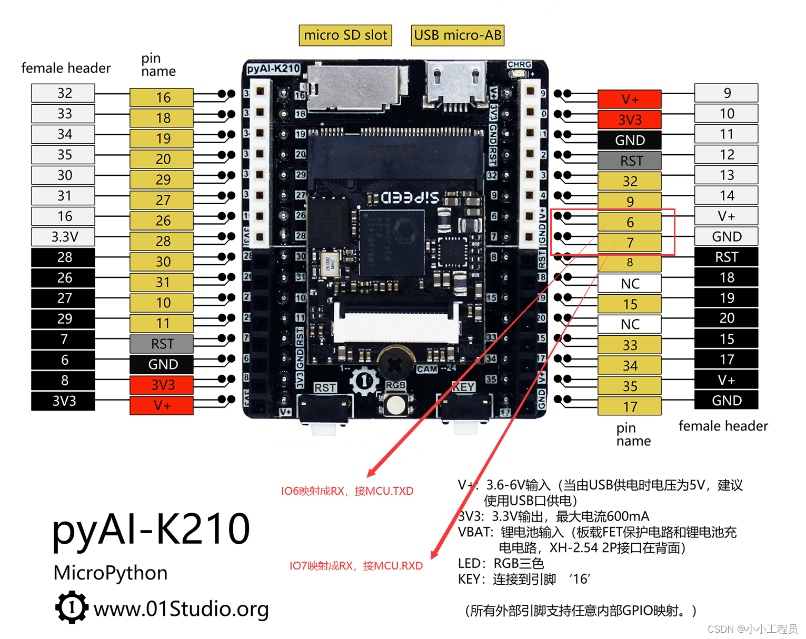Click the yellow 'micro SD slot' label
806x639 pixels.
(x=345, y=35)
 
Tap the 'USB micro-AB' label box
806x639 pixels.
(x=457, y=35)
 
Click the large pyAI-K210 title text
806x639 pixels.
(x=151, y=529)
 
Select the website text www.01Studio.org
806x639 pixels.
(x=181, y=609)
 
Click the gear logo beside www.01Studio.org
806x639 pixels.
(x=71, y=607)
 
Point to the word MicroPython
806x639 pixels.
(x=111, y=573)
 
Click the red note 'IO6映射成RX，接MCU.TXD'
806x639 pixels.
(x=347, y=491)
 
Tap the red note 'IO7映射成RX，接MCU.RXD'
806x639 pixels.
(x=356, y=566)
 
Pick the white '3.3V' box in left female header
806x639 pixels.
(x=64, y=237)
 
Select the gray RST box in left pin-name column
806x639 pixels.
(x=162, y=344)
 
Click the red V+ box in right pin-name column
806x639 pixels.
(x=629, y=99)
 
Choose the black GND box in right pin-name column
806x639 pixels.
(x=629, y=141)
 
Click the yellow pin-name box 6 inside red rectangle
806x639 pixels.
(x=629, y=223)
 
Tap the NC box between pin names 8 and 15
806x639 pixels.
(x=629, y=284)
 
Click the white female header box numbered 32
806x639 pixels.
(x=64, y=93)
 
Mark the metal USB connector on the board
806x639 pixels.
(x=456, y=84)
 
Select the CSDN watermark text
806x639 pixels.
(x=752, y=629)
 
